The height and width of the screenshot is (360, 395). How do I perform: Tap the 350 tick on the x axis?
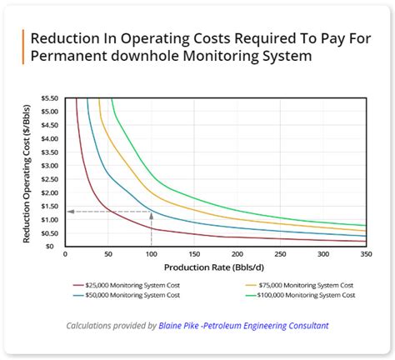point(365,254)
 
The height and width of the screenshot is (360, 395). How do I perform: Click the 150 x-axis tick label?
point(194,254)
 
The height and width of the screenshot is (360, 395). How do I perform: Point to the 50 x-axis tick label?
point(108,254)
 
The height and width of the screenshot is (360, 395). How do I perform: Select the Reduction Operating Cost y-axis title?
point(27,173)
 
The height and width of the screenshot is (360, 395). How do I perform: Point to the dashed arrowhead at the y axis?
point(69,212)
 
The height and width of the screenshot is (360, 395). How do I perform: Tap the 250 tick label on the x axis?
point(280,254)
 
